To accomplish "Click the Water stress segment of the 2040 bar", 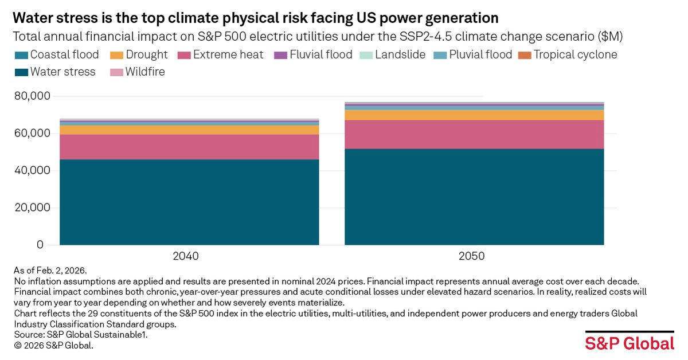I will click(x=189, y=202).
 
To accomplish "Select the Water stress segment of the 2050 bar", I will click(x=474, y=197).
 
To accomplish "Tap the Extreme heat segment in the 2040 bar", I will click(x=189, y=147).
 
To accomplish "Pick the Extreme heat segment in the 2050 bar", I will click(x=474, y=134).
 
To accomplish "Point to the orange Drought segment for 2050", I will click(x=474, y=115).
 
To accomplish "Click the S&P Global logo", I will click(x=630, y=343).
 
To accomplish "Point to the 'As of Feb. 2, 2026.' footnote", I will click(x=50, y=270).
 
